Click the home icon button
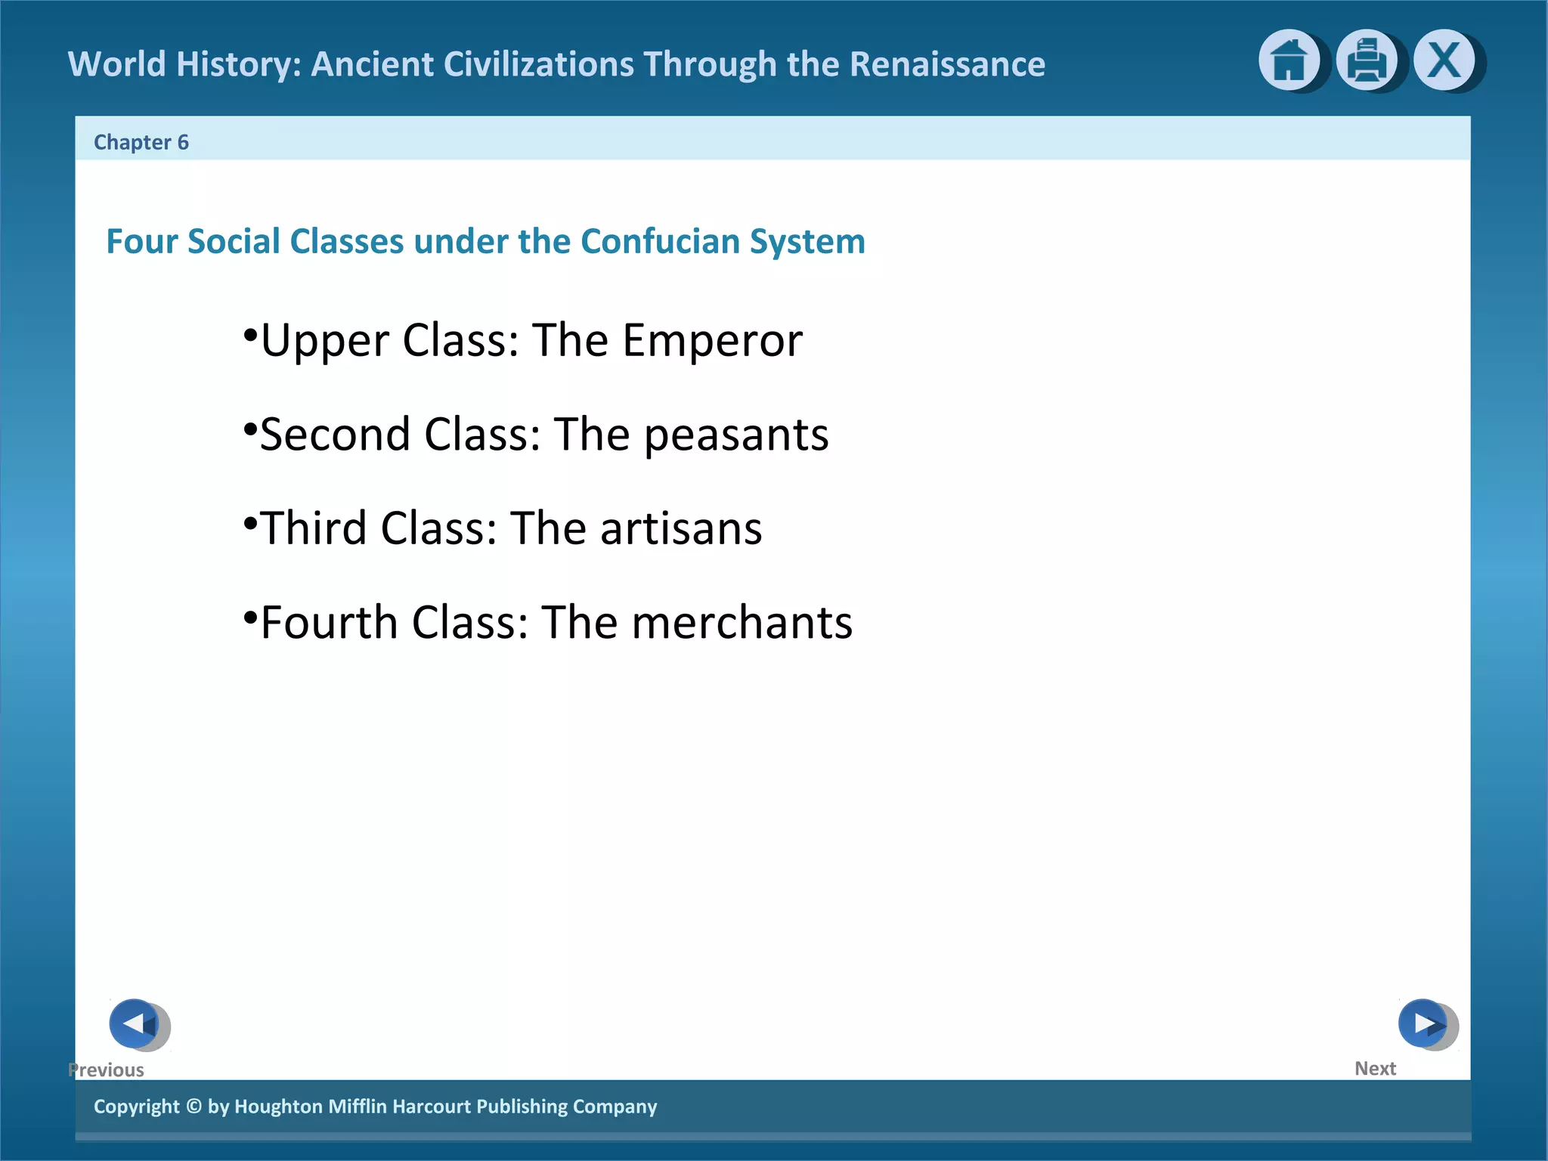pyautogui.click(x=1289, y=60)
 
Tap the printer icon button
pyautogui.click(x=1367, y=60)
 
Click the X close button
pyautogui.click(x=1444, y=60)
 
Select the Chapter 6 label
pyautogui.click(x=141, y=142)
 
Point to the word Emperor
pyautogui.click(x=712, y=341)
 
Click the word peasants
pyautogui.click(x=736, y=435)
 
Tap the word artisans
pyautogui.click(x=681, y=528)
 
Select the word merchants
pyautogui.click(x=741, y=623)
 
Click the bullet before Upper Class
pyautogui.click(x=250, y=333)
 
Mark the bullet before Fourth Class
pyautogui.click(x=250, y=616)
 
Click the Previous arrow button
pyautogui.click(x=135, y=1023)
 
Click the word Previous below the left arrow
pyautogui.click(x=107, y=1070)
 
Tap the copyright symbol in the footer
pyautogui.click(x=193, y=1107)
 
